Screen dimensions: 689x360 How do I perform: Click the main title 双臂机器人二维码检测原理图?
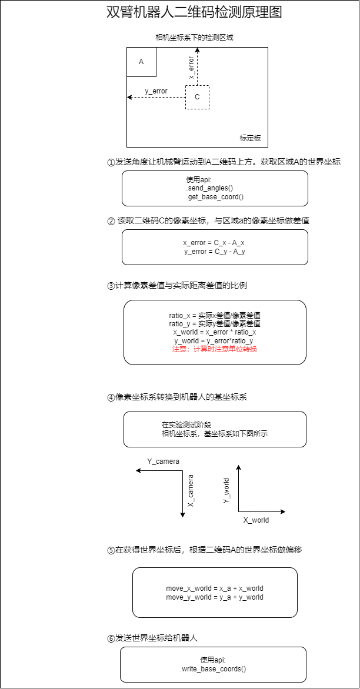tap(194, 12)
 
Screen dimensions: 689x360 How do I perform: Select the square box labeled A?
tap(141, 62)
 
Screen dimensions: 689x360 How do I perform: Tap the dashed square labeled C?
tap(197, 97)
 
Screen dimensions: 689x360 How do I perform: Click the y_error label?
tap(156, 91)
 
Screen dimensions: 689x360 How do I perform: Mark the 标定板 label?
tap(250, 139)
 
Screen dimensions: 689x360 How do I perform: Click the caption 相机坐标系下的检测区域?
tap(194, 38)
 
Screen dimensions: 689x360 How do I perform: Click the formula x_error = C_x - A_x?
tap(215, 243)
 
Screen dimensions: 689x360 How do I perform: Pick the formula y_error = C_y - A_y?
tap(215, 252)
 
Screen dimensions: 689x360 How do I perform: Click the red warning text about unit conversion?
tap(215, 349)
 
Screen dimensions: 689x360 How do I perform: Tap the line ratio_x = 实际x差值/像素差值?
tap(215, 316)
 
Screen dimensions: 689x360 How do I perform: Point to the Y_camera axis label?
tap(163, 461)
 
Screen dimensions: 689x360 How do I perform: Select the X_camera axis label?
tap(191, 491)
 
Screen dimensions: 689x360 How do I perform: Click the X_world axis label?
tap(256, 520)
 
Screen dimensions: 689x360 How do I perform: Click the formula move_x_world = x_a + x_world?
tap(215, 588)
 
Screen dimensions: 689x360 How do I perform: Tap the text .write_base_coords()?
tap(213, 668)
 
